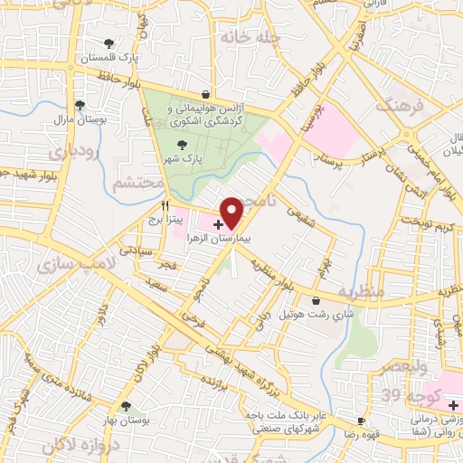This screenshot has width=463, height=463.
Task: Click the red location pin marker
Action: [232, 212]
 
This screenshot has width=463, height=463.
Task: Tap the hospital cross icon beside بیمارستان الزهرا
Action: [219, 223]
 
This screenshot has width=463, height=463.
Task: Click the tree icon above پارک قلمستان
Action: [109, 43]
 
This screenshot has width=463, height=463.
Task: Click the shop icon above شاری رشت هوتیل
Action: [316, 300]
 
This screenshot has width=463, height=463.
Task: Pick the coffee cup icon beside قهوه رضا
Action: [361, 420]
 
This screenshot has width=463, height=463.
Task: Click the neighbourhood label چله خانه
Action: [245, 38]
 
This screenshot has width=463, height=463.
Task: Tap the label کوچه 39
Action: [417, 398]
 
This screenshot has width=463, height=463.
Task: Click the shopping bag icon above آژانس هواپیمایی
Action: [206, 93]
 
